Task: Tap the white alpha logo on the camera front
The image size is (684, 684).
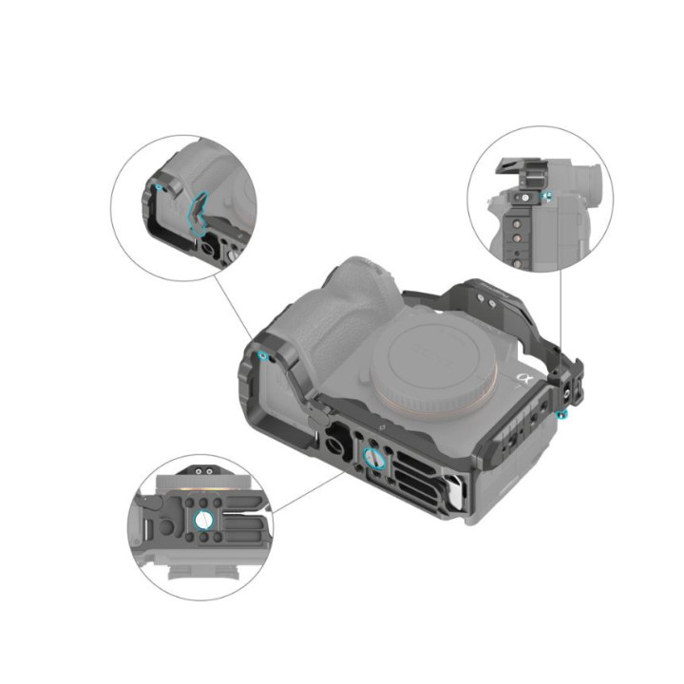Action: click(522, 378)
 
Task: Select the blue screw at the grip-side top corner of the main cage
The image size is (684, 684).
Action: click(263, 356)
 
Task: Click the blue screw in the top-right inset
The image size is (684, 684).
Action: click(547, 197)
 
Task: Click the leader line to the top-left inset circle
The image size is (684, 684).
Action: click(234, 304)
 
